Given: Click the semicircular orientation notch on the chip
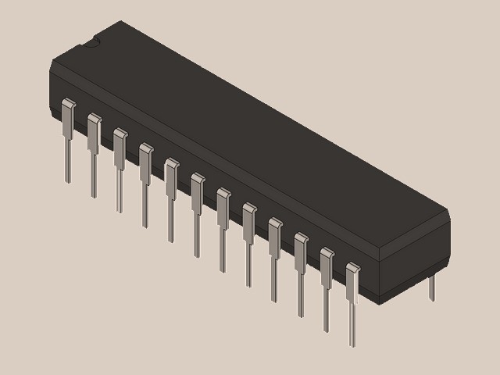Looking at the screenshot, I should [93, 41].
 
